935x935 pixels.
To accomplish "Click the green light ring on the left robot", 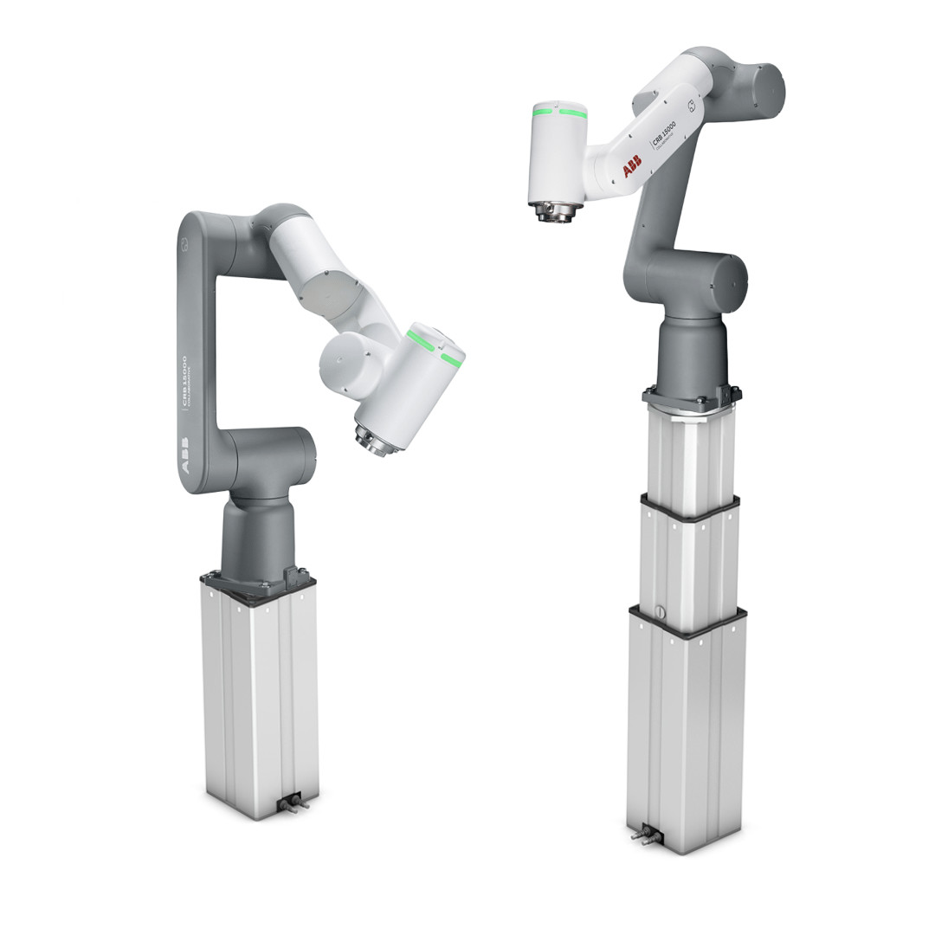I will pos(435,347).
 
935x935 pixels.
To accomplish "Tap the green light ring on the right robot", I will pos(558,112).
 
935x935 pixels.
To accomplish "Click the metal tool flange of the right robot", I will pos(554,210).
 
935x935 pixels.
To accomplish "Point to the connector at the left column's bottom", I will pos(290,802).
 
